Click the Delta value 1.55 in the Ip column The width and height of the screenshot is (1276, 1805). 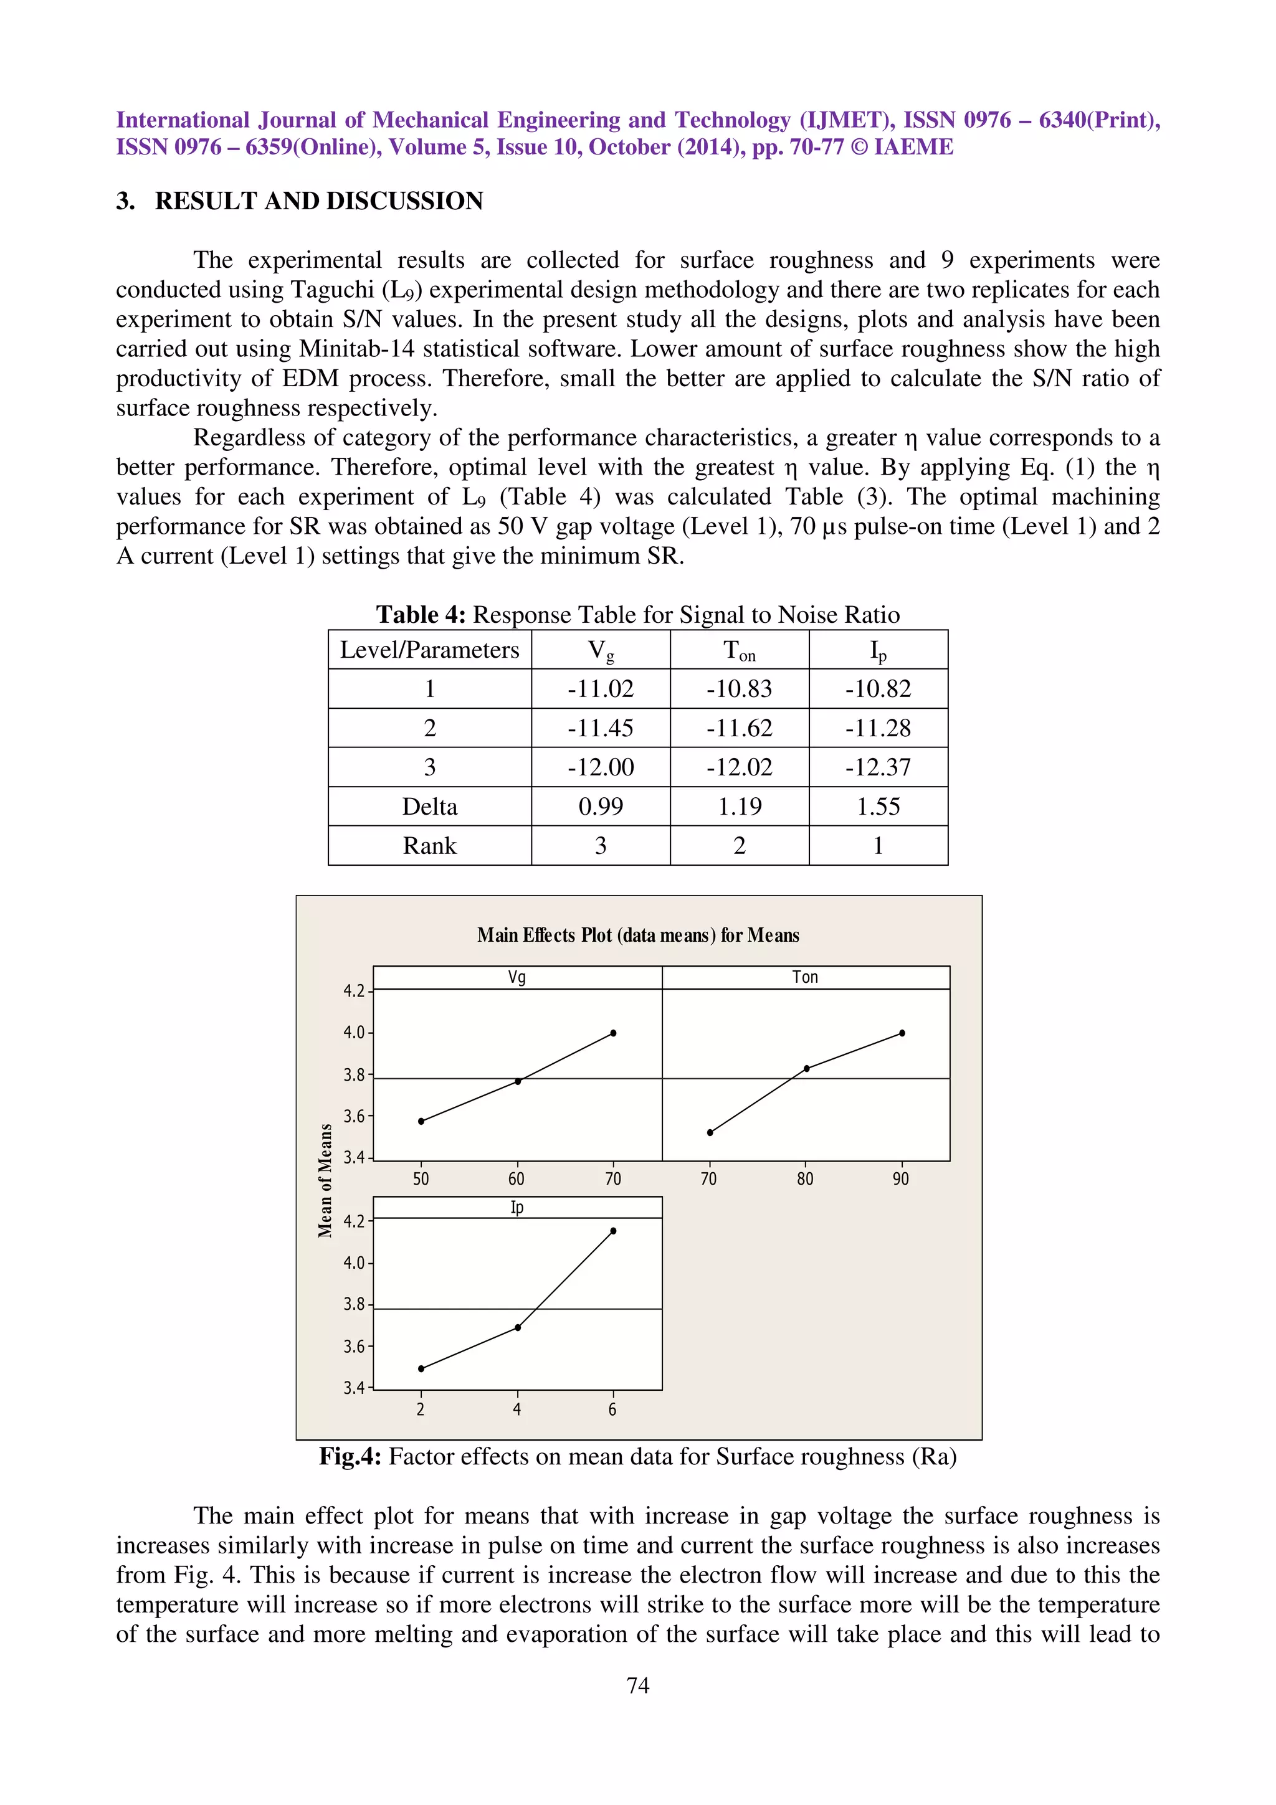pos(877,807)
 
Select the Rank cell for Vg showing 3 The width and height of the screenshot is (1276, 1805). pos(600,846)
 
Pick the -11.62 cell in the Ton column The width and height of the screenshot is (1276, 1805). pos(739,728)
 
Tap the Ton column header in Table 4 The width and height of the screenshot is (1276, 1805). pos(739,650)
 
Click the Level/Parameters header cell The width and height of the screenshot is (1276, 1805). pos(429,650)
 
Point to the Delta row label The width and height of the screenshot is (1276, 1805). pos(429,807)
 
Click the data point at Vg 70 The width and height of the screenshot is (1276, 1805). pos(613,1033)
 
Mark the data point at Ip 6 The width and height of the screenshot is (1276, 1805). pos(613,1231)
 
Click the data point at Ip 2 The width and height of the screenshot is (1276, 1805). pos(421,1368)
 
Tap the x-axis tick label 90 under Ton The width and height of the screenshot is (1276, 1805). pos(901,1179)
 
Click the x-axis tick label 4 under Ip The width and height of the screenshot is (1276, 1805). pos(517,1409)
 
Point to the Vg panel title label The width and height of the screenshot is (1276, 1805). pos(517,977)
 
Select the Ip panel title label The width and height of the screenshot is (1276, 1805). pos(517,1208)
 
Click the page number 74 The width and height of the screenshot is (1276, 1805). pos(637,1685)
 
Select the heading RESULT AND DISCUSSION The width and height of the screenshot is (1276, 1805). pos(318,201)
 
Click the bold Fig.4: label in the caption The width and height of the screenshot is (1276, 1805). pos(350,1457)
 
